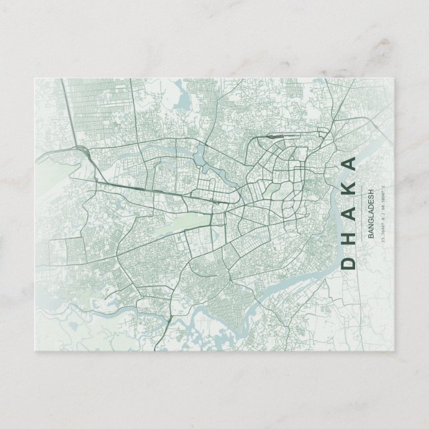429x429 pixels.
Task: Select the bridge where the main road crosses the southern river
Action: tap(167, 320)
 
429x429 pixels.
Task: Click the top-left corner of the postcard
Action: tap(34, 79)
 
